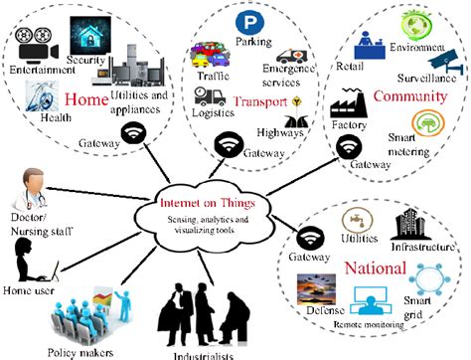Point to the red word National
[x=375, y=269]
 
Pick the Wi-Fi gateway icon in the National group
[x=309, y=240]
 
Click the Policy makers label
[x=82, y=351]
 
